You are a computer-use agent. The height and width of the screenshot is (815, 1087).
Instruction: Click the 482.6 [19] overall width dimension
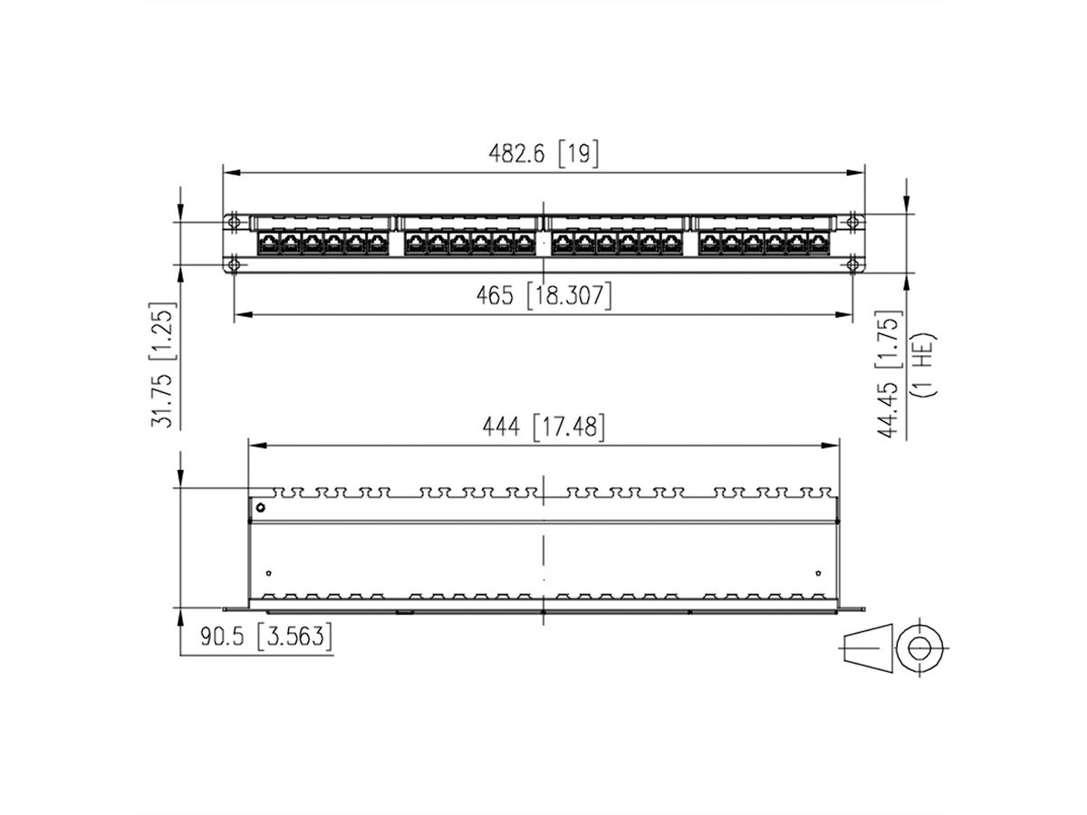(x=543, y=154)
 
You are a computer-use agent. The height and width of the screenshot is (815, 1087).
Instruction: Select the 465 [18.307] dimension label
(x=543, y=295)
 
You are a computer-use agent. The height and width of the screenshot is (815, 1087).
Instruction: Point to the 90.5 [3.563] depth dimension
(x=265, y=637)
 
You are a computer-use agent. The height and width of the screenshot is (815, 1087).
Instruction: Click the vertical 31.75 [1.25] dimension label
(x=164, y=364)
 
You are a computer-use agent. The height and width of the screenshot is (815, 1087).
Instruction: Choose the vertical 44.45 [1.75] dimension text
(x=890, y=375)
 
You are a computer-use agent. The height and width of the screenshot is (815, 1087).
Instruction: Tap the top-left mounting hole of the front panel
(x=234, y=222)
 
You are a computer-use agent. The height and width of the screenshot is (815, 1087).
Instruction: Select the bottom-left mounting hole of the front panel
(x=234, y=264)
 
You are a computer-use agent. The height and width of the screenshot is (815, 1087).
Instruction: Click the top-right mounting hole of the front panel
(x=852, y=222)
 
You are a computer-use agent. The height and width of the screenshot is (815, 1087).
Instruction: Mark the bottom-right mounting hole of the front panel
(x=852, y=264)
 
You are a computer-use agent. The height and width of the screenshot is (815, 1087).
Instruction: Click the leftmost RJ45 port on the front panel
(x=268, y=243)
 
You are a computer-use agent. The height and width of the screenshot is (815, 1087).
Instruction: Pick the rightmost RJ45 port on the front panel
(x=819, y=243)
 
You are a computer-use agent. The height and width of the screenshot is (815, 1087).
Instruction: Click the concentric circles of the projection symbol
(x=919, y=647)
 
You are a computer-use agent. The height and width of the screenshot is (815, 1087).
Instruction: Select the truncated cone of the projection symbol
(x=868, y=647)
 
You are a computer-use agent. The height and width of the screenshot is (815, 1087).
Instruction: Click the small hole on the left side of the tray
(x=268, y=572)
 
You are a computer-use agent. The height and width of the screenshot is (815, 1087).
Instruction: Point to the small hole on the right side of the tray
(x=818, y=572)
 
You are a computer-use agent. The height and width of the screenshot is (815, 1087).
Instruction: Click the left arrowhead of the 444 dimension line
(x=256, y=446)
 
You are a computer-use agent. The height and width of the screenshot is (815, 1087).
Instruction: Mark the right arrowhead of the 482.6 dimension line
(x=859, y=171)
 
